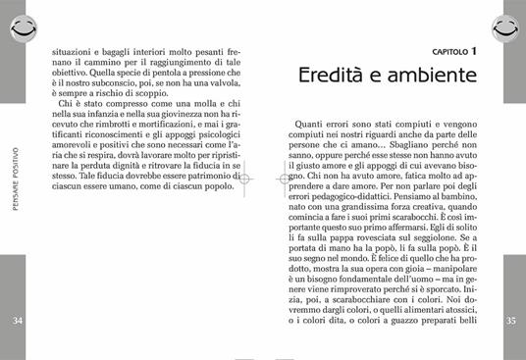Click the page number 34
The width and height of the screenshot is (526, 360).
click(18, 321)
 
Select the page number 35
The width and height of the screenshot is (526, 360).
click(509, 321)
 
